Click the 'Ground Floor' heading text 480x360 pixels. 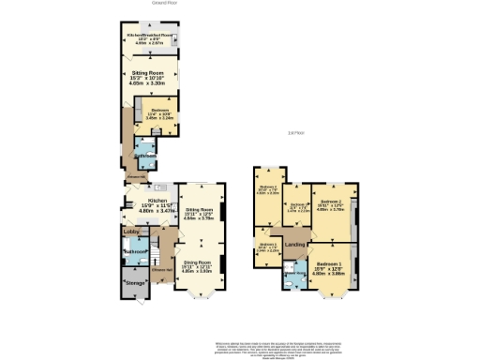(x=165, y=3)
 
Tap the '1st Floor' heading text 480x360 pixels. (x=296, y=132)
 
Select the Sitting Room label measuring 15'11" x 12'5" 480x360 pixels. (x=203, y=214)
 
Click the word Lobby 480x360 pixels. (x=130, y=231)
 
